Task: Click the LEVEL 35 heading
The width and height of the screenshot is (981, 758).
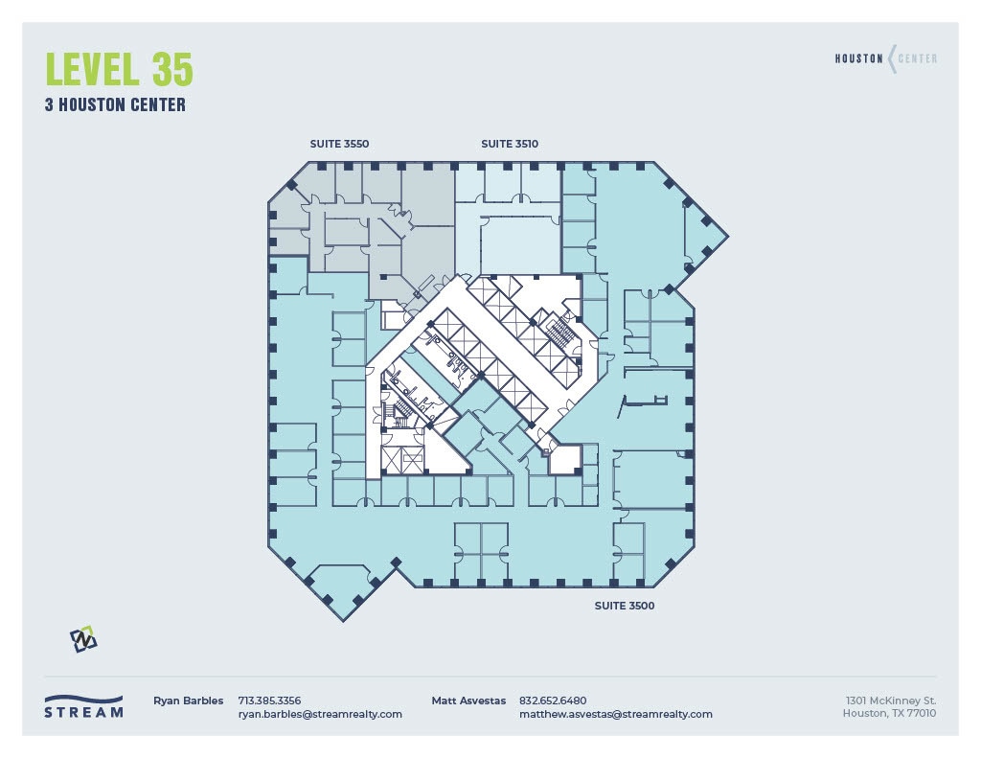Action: [120, 71]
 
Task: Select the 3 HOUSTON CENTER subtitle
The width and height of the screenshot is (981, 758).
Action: [115, 105]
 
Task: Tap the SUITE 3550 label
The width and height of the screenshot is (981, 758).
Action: [339, 144]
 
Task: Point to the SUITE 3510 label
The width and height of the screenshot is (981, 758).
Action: [510, 144]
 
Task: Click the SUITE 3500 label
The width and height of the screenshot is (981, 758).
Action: [625, 606]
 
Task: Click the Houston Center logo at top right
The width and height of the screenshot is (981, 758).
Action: [886, 58]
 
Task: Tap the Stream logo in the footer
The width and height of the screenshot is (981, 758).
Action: [84, 706]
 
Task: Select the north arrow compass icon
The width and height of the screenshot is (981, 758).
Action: [83, 639]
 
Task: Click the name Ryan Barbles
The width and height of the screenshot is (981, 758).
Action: [188, 701]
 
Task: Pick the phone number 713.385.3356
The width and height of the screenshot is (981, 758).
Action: [269, 701]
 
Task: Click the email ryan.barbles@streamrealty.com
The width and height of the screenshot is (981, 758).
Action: [320, 714]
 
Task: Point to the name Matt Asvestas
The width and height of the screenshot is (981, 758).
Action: [468, 701]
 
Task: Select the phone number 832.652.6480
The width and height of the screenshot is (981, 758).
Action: [553, 701]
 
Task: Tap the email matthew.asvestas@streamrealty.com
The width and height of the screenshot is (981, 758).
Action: [615, 714]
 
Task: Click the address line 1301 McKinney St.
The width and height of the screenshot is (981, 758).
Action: [890, 701]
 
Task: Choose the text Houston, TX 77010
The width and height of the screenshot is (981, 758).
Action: [889, 713]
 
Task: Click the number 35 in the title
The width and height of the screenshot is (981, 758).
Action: [171, 71]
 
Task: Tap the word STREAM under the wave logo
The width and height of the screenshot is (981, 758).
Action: [84, 713]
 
